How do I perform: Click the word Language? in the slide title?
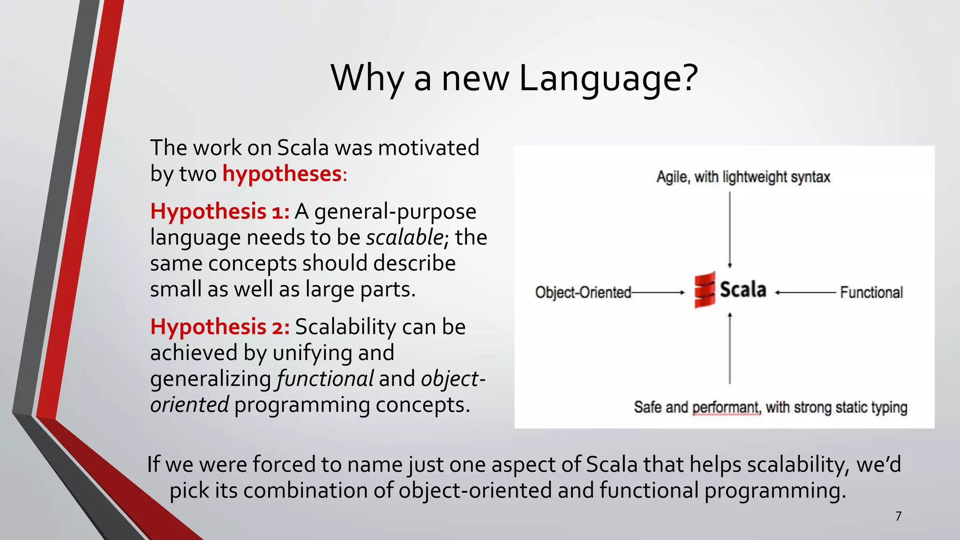pos(608,79)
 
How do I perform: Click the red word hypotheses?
pos(282,174)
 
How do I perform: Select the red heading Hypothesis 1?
pos(220,212)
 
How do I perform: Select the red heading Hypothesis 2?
pos(220,327)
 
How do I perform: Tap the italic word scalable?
pos(404,238)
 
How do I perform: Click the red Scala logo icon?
pos(705,290)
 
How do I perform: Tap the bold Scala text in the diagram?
pos(742,290)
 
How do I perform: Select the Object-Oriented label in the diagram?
pos(583,292)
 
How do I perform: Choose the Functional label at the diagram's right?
pos(871,292)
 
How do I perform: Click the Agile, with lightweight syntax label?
pos(743,177)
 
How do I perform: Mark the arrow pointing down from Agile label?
pos(730,230)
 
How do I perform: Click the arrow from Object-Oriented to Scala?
pos(658,292)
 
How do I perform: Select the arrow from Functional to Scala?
pos(805,292)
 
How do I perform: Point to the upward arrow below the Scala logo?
pos(730,348)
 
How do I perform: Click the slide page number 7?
pos(898,516)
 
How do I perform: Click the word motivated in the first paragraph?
pos(429,148)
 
